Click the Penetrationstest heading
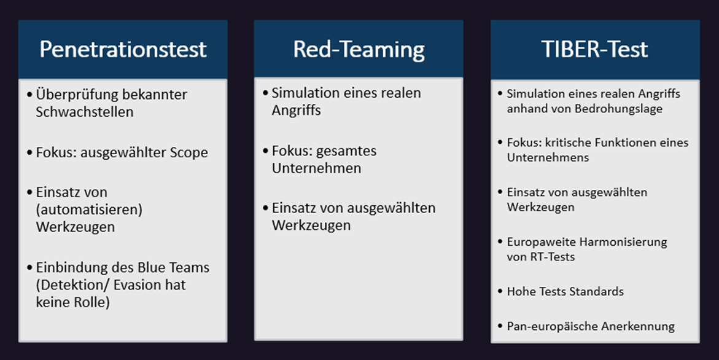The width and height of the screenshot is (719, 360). (x=123, y=49)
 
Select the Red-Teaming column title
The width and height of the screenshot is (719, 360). (x=359, y=49)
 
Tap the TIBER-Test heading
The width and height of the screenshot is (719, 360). (x=594, y=49)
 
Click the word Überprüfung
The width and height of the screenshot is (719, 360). (x=72, y=95)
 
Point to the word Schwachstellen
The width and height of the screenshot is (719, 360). (x=85, y=112)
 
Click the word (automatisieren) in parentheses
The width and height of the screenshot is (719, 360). (x=89, y=209)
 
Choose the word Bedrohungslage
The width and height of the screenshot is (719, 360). (x=621, y=109)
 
